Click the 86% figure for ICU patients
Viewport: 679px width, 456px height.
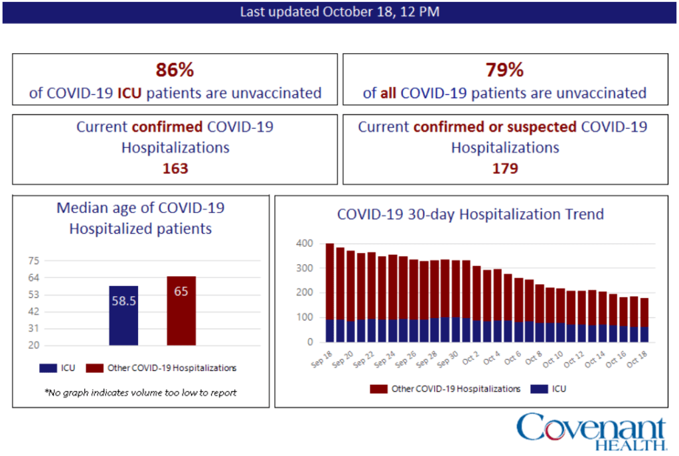click(x=175, y=70)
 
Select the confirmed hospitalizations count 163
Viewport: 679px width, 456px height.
click(x=175, y=169)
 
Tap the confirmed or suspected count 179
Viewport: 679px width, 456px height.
click(x=505, y=169)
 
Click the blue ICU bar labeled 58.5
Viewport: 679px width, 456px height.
click(x=123, y=315)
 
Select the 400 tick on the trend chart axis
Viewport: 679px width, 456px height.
click(x=303, y=244)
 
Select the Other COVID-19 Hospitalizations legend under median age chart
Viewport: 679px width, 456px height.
click(x=163, y=367)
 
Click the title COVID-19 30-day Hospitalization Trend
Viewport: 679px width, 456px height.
click(x=470, y=214)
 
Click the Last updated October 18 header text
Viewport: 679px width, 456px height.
click(x=339, y=12)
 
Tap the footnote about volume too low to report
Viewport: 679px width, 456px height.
click(x=141, y=392)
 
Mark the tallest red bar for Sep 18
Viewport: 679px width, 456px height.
click(x=330, y=281)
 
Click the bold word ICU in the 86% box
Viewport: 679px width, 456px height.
click(x=130, y=93)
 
